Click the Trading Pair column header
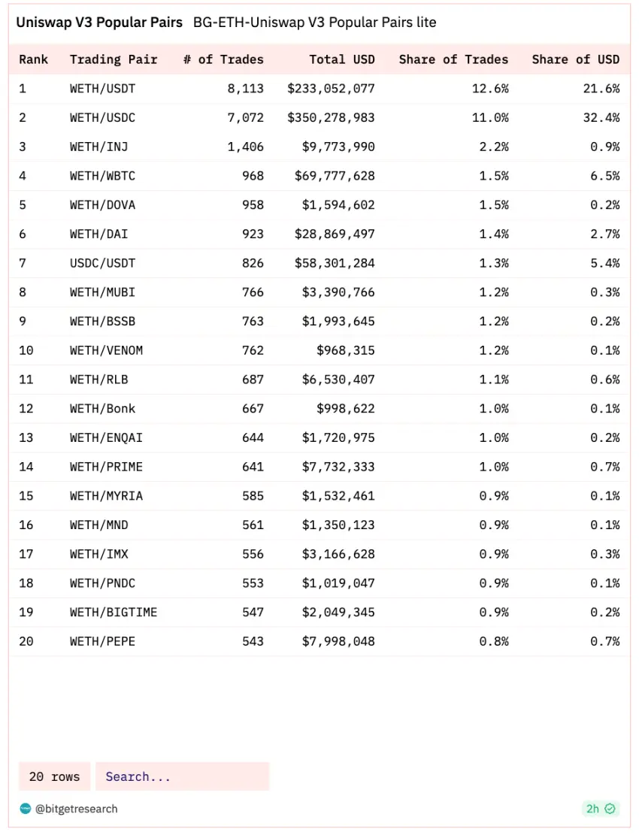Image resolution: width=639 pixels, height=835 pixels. point(114,59)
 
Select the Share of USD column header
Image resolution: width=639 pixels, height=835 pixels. point(575,59)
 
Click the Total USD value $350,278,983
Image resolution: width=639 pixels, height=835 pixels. point(331,117)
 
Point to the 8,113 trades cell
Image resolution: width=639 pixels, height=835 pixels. point(245,89)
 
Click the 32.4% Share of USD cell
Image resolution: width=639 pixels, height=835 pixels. point(604,117)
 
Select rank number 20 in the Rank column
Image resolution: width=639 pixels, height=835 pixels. point(26,641)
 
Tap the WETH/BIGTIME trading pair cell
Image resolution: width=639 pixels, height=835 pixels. point(114,612)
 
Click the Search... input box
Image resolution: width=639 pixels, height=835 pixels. point(182,776)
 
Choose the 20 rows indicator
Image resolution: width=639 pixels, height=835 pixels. point(54,776)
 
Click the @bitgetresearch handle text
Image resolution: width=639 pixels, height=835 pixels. point(76,809)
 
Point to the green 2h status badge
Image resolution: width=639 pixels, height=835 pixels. point(600,809)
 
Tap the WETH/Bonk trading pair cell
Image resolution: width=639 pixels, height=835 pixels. point(102,408)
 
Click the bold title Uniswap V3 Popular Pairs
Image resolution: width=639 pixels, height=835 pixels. point(99,23)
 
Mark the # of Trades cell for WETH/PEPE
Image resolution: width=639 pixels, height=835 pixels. point(253,641)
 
